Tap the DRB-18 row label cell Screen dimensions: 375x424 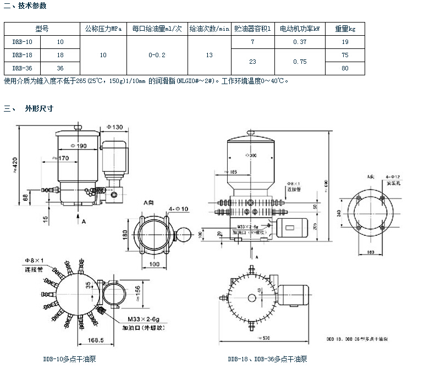point(21,55)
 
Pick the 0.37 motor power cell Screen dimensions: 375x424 point(300,42)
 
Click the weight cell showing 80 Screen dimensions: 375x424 point(345,68)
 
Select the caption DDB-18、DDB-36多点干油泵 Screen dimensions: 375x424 point(267,360)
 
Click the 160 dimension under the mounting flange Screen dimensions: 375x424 point(370,252)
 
